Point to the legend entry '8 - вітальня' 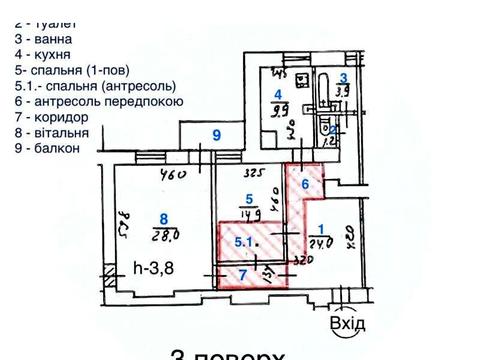51,132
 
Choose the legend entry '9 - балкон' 46,148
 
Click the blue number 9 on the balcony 214,135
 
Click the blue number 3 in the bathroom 343,78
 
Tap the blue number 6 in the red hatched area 307,185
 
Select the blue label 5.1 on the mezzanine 242,241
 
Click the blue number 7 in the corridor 240,274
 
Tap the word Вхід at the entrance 346,323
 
